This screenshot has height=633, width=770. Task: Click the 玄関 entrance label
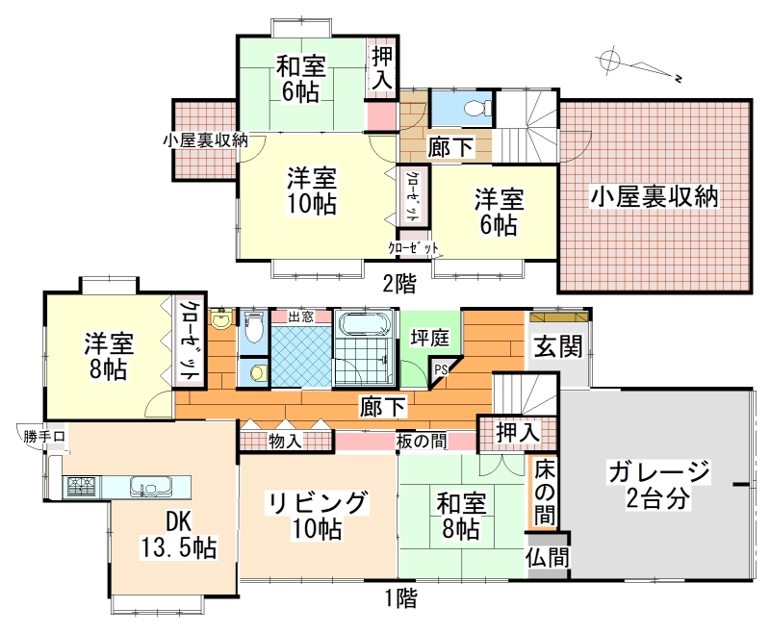tap(558, 346)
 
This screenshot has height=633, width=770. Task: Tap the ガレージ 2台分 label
tap(658, 485)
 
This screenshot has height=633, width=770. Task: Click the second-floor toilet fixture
tap(476, 108)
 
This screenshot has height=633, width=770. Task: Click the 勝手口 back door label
tap(44, 436)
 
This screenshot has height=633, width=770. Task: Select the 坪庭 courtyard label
tap(429, 338)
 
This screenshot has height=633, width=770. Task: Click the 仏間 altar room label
tap(547, 558)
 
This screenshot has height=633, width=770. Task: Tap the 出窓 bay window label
tap(300, 316)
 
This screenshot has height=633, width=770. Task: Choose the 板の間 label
tap(422, 442)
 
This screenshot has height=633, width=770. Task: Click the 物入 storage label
tap(285, 442)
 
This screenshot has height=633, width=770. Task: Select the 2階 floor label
tap(399, 284)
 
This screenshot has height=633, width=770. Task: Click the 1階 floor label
tap(400, 598)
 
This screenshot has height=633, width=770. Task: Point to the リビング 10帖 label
tap(317, 516)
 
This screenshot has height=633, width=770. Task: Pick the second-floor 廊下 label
tap(450, 147)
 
